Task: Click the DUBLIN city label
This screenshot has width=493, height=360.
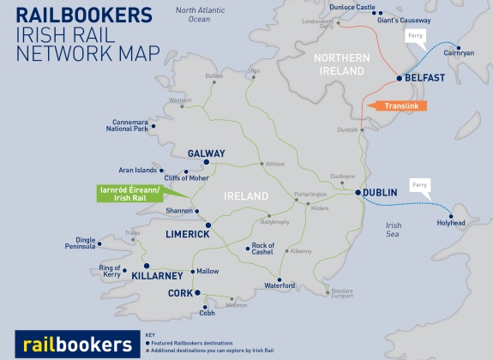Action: [x=380, y=193]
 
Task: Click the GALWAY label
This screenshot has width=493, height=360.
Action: [x=206, y=154]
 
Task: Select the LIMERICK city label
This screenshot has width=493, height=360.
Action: [x=188, y=234]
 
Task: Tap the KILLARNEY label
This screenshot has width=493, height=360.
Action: [x=160, y=276]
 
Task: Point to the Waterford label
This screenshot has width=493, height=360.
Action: [x=280, y=285]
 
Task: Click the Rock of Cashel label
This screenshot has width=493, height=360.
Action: [x=262, y=249]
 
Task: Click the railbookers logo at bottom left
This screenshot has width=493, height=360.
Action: [x=76, y=344]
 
